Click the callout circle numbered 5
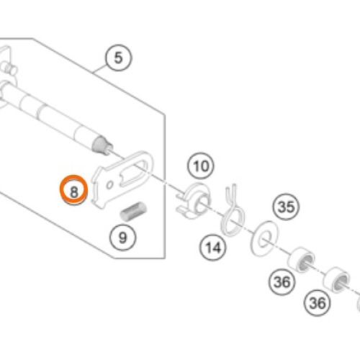point(119,58)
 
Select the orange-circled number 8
point(74,189)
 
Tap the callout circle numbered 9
point(122,238)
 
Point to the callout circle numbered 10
point(200,166)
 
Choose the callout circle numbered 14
point(213,248)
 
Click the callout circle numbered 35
point(286,207)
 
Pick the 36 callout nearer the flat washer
point(282,282)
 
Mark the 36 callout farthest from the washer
point(317,303)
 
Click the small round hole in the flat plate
point(110,185)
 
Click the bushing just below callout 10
point(194,201)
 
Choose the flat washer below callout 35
point(264,238)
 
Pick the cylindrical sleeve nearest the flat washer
point(301,260)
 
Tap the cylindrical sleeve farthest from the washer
point(336,280)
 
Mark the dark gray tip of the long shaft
point(101,145)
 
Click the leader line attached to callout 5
point(100,68)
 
